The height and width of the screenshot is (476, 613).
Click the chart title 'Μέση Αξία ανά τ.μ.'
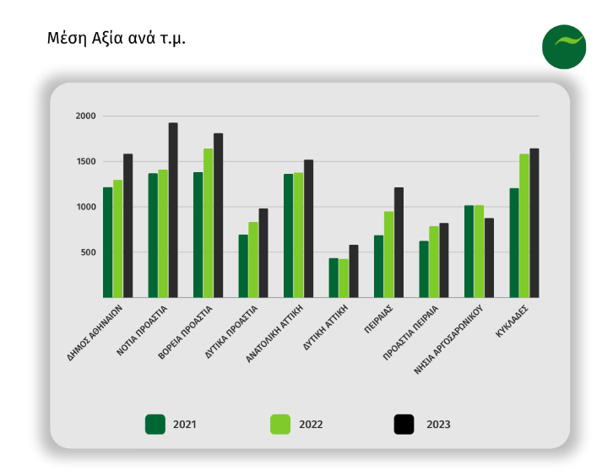117,39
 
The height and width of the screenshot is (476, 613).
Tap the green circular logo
564,47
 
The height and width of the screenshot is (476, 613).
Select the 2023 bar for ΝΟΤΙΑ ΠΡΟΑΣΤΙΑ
172,210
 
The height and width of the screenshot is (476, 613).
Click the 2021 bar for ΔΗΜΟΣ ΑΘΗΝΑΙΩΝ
108,242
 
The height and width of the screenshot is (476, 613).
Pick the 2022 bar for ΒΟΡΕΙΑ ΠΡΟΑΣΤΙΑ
208,223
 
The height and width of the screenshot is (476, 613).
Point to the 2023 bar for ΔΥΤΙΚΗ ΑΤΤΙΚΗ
354,271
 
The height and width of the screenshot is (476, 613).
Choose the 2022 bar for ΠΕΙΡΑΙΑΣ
389,254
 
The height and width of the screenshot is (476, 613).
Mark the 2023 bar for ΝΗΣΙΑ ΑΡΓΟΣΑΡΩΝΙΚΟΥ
489,257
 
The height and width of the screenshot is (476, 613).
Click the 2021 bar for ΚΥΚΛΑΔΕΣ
514,243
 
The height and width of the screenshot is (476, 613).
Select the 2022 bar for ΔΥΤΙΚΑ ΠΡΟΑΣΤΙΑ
253,260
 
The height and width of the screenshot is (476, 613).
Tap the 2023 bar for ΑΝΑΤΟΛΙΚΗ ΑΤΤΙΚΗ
308,229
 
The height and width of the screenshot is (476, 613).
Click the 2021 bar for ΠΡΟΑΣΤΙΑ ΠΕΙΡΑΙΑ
424,269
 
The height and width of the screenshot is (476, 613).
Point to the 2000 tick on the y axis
86,116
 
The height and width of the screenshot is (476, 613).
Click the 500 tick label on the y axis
90,252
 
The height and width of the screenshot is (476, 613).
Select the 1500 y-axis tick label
86,162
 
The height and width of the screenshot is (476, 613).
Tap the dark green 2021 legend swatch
155,424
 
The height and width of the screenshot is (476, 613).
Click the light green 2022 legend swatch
280,424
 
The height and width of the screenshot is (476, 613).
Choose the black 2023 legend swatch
404,424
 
